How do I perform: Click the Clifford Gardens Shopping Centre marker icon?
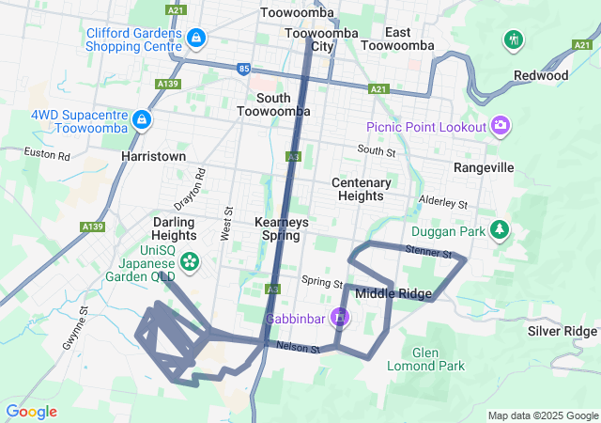coord(196,39)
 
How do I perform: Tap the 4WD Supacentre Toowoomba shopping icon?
coord(141,119)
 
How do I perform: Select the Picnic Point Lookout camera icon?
coord(500,126)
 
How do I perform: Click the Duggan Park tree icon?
coord(501,230)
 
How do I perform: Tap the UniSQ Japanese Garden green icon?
coord(191,260)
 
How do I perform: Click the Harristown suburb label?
coord(153,156)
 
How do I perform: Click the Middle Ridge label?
coord(393,293)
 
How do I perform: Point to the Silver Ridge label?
coord(562,331)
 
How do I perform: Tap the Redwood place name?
coord(541,75)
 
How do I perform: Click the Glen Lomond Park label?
coord(438,358)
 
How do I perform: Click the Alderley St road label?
coord(443,202)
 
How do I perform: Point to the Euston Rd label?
coord(47,152)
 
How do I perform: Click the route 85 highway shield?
coord(245,68)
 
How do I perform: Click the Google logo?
coord(31,412)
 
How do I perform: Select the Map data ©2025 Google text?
coord(543,415)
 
